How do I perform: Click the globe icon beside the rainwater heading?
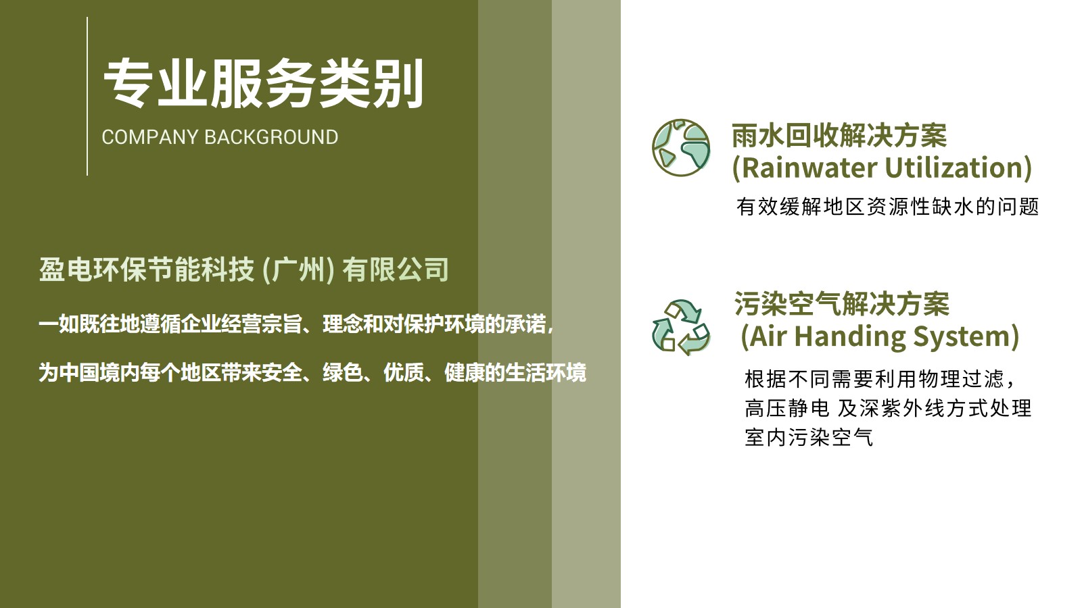point(681,148)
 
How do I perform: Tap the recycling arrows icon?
point(681,328)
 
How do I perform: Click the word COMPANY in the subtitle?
point(149,137)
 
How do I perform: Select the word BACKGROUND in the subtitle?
point(271,137)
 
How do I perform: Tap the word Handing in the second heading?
point(849,336)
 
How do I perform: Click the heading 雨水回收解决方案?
point(839,136)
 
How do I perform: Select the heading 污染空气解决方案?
point(842,303)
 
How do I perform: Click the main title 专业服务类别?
point(264,83)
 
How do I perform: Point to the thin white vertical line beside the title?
point(87,96)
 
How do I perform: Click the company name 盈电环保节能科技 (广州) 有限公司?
point(244,270)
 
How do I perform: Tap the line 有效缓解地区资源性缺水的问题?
point(887,207)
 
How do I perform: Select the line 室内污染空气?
point(809,437)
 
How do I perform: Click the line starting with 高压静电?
point(888,408)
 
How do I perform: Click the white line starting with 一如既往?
point(296,324)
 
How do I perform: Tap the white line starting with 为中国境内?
point(312,372)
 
